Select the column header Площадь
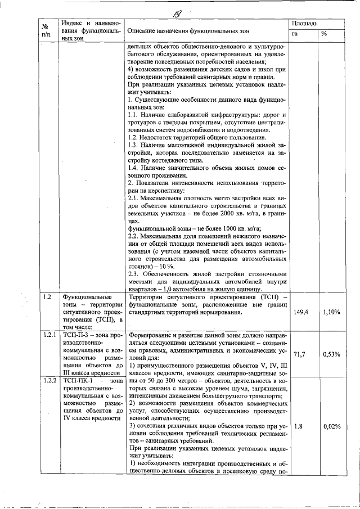coord(304,24)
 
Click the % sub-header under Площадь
coord(324,34)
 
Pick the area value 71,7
coord(298,354)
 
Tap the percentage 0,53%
coord(331,354)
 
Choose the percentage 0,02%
coord(331,426)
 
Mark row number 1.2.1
coord(49,335)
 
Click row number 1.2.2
coord(49,381)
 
